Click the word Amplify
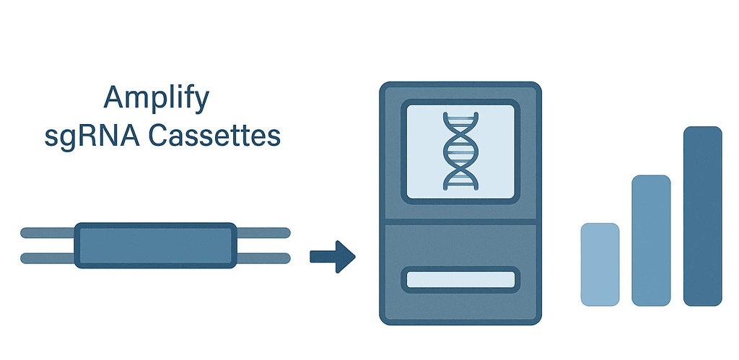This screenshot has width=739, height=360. [x=157, y=97]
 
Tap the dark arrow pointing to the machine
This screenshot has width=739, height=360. [x=333, y=256]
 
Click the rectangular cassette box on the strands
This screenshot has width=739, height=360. [x=155, y=245]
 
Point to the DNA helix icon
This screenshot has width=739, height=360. [x=459, y=150]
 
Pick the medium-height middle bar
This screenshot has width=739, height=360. [x=651, y=240]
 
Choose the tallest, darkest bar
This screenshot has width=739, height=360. [x=702, y=216]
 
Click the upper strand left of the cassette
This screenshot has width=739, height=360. [x=48, y=232]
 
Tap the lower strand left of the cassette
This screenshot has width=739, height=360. [x=48, y=258]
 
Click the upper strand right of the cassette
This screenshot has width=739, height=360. [x=263, y=232]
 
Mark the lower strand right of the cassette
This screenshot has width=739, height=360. [x=263, y=258]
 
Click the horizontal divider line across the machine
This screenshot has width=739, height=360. [x=460, y=222]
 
